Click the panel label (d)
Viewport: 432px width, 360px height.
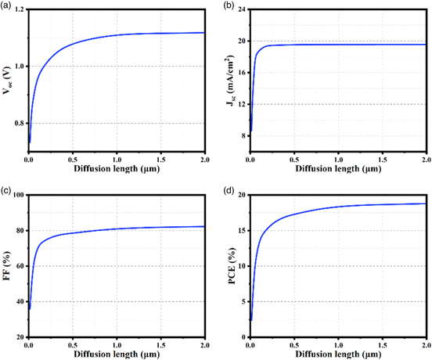pos(226,189)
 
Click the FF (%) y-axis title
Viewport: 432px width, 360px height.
pos(7,266)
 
